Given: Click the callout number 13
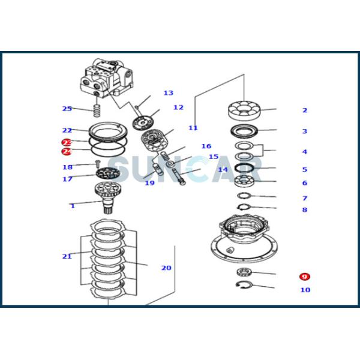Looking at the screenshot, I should (x=168, y=93).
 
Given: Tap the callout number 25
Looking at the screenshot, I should (x=67, y=109).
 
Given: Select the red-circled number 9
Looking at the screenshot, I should (x=305, y=277).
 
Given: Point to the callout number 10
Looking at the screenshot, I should (x=305, y=290).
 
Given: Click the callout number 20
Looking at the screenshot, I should (x=166, y=268).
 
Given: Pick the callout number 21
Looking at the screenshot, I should (x=67, y=256).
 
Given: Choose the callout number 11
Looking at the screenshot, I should (x=193, y=128).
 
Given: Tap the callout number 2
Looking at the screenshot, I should (x=305, y=110).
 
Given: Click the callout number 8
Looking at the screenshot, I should (x=305, y=210).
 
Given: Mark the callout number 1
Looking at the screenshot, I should (x=73, y=206).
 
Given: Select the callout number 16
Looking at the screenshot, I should (x=206, y=146).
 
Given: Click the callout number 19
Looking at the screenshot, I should (x=149, y=183).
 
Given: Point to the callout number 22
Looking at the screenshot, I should (x=67, y=130).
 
